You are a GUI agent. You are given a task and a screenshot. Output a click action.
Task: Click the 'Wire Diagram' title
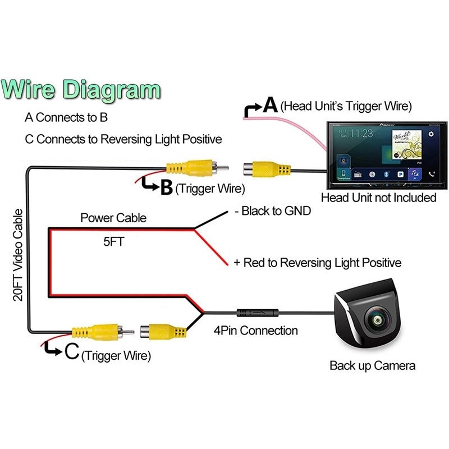(x=82, y=90)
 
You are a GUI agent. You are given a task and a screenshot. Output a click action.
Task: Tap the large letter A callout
(x=271, y=105)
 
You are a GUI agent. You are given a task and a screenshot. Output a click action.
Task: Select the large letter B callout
(x=166, y=187)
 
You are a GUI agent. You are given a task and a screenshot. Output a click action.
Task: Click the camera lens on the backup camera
(x=375, y=320)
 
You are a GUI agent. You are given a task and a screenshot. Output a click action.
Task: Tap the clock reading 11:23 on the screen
(x=361, y=134)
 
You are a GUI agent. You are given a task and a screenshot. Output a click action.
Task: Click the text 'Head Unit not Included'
(x=378, y=198)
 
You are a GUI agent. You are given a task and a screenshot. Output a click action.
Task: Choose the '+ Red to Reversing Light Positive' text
(x=317, y=262)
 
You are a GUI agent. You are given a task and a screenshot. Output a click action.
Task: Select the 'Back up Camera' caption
(x=372, y=366)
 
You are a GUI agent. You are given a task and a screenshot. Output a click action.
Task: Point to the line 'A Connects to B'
(x=66, y=118)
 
